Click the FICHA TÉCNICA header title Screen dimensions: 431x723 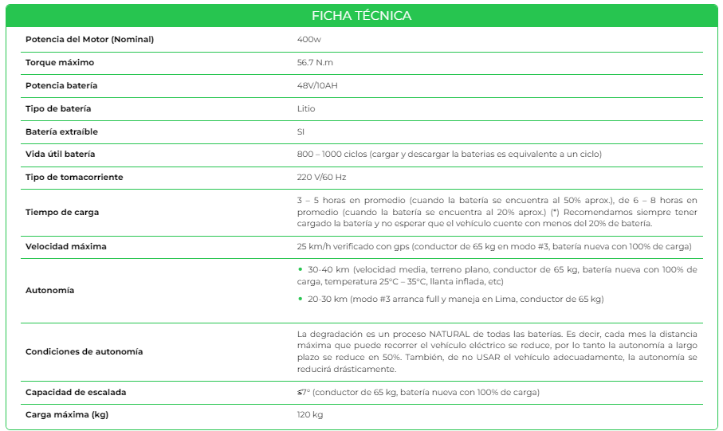coord(361,15)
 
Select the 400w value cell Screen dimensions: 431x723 coord(308,40)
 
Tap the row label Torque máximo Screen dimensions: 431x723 coord(60,63)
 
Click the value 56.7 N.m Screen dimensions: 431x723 coord(316,63)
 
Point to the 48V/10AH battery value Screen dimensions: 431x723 coord(317,85)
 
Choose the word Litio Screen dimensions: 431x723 coord(306,108)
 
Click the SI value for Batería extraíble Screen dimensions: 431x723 coord(301,131)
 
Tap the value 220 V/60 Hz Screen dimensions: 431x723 coord(321,177)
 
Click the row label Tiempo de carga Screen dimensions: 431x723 coord(62,212)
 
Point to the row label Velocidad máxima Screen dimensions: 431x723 coord(65,246)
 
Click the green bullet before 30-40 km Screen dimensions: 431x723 coord(300,270)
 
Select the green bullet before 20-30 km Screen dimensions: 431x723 coord(300,300)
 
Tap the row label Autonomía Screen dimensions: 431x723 coord(49,290)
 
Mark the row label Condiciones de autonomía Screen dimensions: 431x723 coord(84,351)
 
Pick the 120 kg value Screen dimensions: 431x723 coord(310,415)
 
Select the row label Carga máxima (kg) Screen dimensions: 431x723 coord(67,415)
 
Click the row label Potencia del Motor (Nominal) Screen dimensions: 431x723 coord(89,40)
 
